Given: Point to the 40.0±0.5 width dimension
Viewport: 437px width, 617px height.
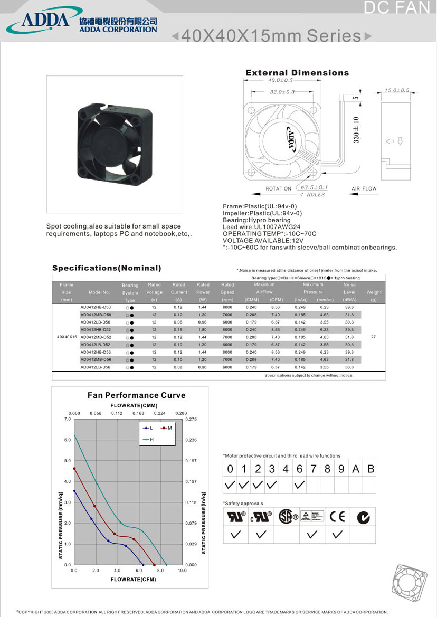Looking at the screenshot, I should click(x=280, y=80).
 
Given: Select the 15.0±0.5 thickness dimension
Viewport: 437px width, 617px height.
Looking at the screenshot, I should click(x=396, y=90).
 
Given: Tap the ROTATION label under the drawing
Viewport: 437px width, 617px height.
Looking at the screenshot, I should click(x=278, y=188).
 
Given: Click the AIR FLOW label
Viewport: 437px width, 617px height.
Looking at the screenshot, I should click(x=364, y=188).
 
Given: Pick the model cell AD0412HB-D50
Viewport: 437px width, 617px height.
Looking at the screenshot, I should click(x=96, y=307).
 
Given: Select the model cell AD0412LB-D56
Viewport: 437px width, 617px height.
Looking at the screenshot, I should click(x=96, y=367).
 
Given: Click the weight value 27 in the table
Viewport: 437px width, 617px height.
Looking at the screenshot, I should click(x=374, y=337).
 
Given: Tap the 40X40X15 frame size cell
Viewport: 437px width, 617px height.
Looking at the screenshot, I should click(x=66, y=337).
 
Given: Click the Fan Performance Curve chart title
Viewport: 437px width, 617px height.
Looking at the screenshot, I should click(x=136, y=395).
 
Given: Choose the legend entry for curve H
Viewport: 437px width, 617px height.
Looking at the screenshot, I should click(x=149, y=440).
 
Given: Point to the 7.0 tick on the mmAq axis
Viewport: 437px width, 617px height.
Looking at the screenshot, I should click(x=67, y=419).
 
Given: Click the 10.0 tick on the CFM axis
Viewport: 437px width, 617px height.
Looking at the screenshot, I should click(x=182, y=571).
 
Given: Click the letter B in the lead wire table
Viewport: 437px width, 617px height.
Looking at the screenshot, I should click(x=370, y=469).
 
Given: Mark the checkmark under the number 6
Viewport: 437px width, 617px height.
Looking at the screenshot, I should click(x=299, y=484).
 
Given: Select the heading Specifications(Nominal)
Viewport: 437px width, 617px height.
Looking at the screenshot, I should click(x=107, y=268).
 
